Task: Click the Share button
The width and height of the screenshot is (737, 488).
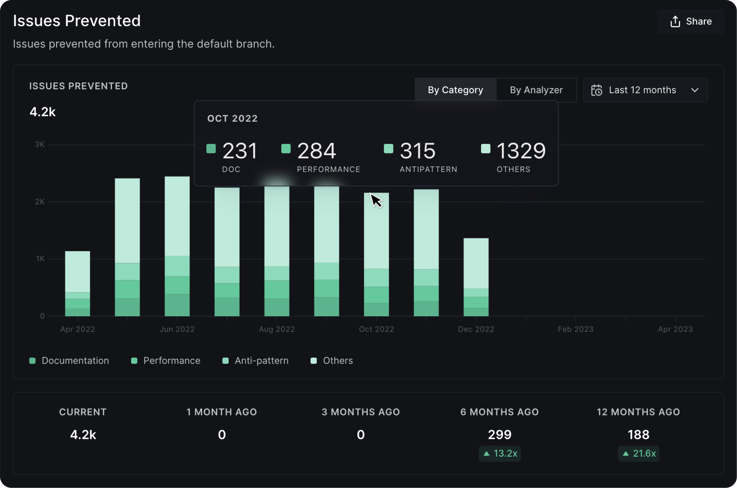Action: pos(690,22)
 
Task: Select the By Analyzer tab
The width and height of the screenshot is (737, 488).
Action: pos(536,90)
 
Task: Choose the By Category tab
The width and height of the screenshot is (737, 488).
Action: pos(455,90)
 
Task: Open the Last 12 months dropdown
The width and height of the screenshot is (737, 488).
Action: pos(645,90)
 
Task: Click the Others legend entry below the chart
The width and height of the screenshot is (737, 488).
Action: pos(332,361)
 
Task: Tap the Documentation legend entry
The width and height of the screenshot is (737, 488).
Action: pos(69,361)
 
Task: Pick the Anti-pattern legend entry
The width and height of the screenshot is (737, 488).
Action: pos(256,361)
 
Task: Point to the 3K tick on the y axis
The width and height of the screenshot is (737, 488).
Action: pos(39,144)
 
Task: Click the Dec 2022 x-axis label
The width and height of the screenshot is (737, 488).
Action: pos(476,329)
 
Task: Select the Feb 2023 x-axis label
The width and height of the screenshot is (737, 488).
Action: pos(575,329)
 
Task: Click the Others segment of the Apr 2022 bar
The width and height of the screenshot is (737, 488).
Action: pos(77,271)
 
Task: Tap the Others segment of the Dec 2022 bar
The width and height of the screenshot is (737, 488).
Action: pos(476,263)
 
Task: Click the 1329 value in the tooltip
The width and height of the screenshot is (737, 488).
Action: pos(521,151)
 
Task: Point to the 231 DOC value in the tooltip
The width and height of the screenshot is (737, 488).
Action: pos(240,151)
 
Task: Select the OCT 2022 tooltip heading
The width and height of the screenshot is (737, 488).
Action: pos(232,118)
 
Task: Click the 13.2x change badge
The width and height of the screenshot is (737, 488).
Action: pos(499,453)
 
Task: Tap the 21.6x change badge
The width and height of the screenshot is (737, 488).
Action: pos(638,453)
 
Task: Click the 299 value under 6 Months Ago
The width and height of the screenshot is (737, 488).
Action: pos(499,434)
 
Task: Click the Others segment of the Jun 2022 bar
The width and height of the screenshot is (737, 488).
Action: pos(177,216)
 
